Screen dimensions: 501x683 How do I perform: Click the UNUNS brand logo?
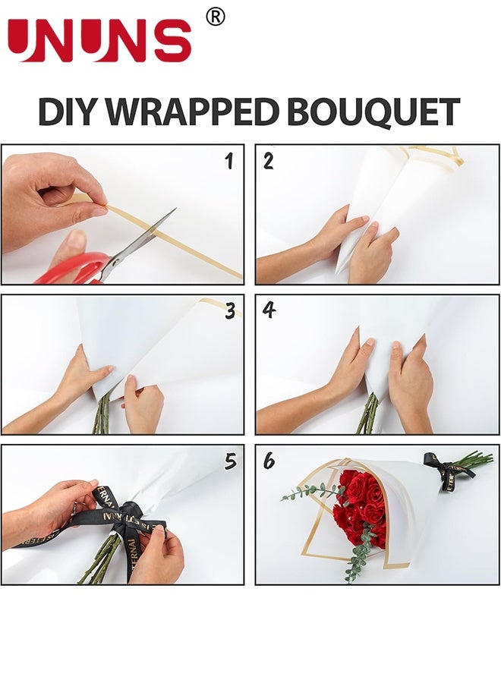pyautogui.click(x=99, y=40)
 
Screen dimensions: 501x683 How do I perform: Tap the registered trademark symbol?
pyautogui.click(x=216, y=17)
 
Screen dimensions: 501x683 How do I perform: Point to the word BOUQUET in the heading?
pyautogui.click(x=373, y=112)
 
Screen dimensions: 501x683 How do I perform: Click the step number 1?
pyautogui.click(x=229, y=161)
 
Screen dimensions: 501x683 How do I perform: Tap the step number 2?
pyautogui.click(x=269, y=161)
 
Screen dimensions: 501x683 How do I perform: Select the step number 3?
pyautogui.click(x=231, y=311)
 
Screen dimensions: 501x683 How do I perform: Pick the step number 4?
pyautogui.click(x=269, y=310)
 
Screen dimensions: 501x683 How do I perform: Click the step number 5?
pyautogui.click(x=231, y=461)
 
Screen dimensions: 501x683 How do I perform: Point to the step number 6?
pyautogui.click(x=269, y=461)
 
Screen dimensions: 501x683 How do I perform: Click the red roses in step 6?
pyautogui.click(x=360, y=508)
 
